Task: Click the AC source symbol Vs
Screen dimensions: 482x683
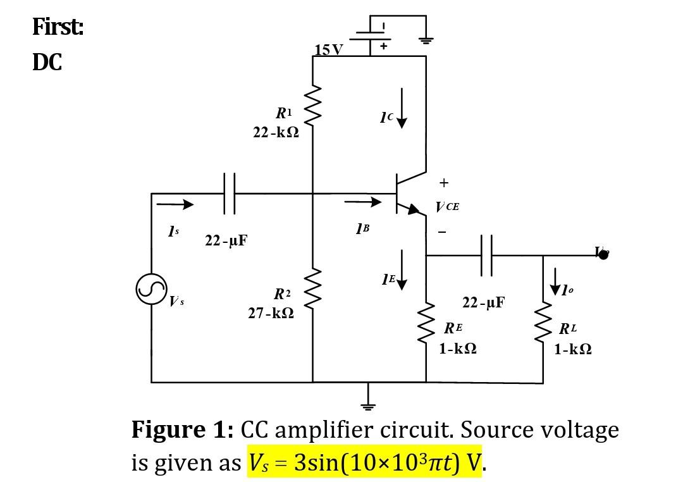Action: [151, 289]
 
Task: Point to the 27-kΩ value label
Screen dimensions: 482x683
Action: [270, 313]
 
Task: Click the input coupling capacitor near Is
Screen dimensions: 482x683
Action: [229, 194]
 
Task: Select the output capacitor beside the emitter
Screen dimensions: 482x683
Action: [486, 256]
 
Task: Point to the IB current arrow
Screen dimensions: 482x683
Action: [364, 202]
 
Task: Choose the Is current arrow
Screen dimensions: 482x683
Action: [175, 204]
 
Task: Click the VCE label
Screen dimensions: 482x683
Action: [447, 207]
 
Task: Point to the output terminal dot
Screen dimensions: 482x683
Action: [603, 255]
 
